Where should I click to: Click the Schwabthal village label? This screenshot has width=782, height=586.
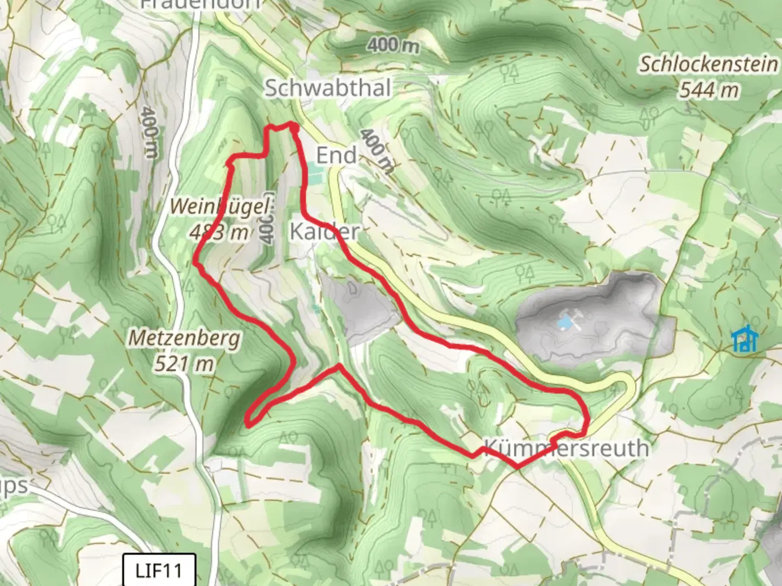(x=327, y=88)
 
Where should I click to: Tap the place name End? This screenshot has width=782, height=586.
(x=336, y=155)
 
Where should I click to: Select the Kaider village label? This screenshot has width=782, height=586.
(x=324, y=231)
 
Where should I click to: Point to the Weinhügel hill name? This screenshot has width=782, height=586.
(x=219, y=207)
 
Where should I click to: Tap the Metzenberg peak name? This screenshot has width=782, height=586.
(x=184, y=338)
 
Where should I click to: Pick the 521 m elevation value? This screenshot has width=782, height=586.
(x=184, y=363)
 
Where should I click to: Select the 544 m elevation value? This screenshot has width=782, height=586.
(x=709, y=89)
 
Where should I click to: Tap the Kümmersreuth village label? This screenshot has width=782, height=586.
(x=566, y=448)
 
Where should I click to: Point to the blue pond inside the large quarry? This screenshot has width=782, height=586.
(x=565, y=323)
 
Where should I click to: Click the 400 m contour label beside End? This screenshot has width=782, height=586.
(x=376, y=150)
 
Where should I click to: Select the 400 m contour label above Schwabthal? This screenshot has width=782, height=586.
(x=393, y=46)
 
